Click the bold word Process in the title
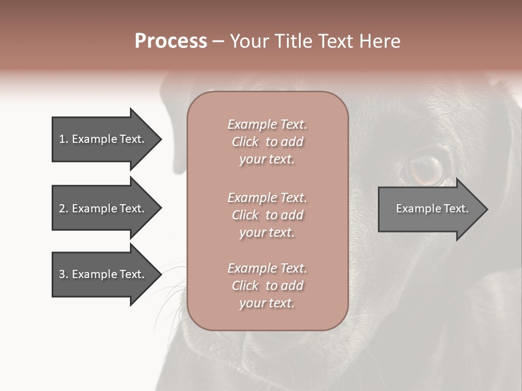tap(171, 41)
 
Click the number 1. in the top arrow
tap(63, 139)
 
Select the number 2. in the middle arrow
tap(63, 209)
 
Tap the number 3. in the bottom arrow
tap(63, 274)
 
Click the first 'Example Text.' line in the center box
tap(267, 124)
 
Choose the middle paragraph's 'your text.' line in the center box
tap(267, 232)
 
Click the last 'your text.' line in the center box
tap(267, 304)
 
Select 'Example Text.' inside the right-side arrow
tap(432, 209)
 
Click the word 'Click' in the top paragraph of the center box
tap(245, 142)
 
